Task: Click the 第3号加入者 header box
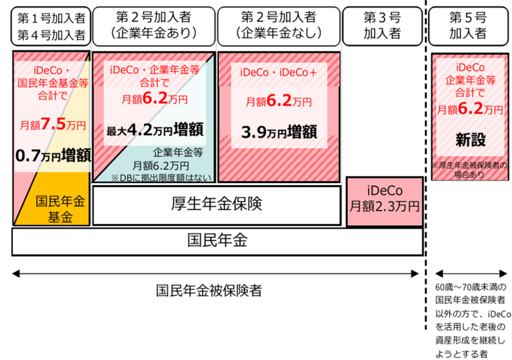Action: point(382,26)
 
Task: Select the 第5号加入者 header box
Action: point(468,26)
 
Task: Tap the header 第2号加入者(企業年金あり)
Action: point(154,26)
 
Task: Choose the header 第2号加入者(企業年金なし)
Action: point(279,26)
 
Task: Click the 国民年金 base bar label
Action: point(217,241)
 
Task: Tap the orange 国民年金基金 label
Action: point(60,209)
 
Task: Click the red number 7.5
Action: point(54,125)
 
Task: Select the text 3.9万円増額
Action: point(279,132)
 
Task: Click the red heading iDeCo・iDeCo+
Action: point(278,73)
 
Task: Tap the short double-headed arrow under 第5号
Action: point(471,274)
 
